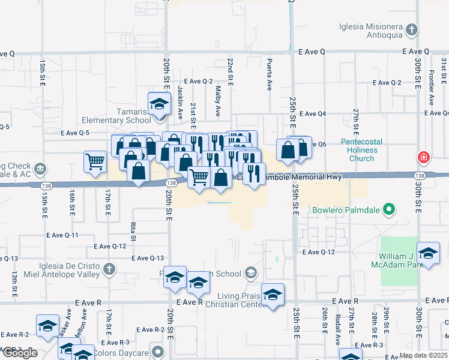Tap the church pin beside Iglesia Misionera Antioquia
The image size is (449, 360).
[411, 29]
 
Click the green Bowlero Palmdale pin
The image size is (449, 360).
[390, 211]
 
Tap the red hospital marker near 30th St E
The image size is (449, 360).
[424, 157]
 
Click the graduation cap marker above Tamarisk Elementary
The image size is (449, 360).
[160, 104]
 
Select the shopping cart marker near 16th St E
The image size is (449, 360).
[95, 162]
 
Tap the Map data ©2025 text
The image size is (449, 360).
[423, 355]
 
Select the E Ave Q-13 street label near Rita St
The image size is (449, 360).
[148, 258]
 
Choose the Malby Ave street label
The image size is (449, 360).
[217, 95]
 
